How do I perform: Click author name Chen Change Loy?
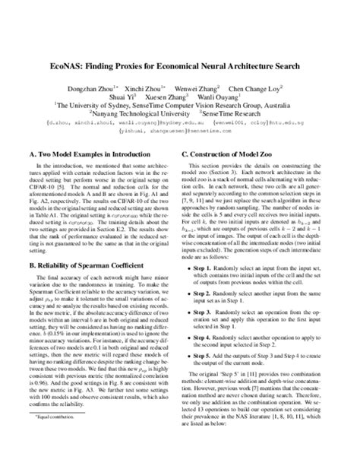tap(266, 89)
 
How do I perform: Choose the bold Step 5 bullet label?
tap(208, 376)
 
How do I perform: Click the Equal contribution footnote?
tap(61, 439)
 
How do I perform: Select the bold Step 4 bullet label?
tap(208, 355)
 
